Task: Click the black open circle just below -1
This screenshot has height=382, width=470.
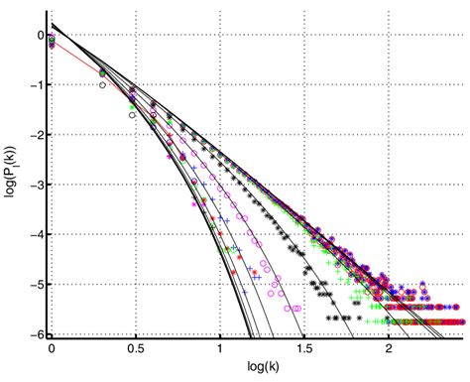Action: pyautogui.click(x=102, y=85)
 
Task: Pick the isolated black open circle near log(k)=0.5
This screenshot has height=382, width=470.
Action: pyautogui.click(x=131, y=115)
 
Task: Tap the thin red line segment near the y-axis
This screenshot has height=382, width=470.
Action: pyautogui.click(x=74, y=56)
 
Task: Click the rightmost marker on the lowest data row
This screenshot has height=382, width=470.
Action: pyautogui.click(x=462, y=322)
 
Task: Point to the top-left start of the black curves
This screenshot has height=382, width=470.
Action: pyautogui.click(x=53, y=24)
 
